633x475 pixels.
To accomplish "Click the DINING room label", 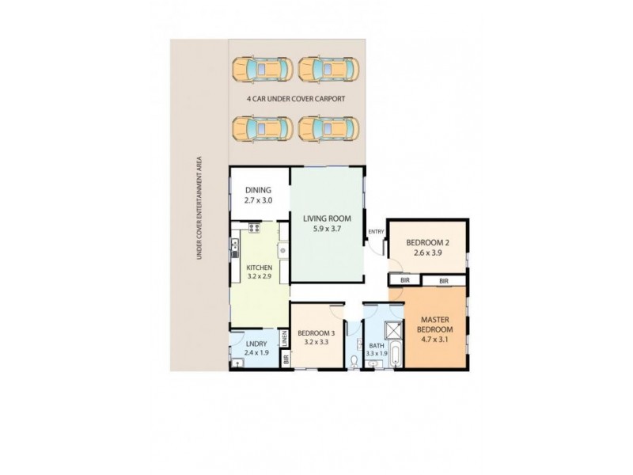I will [258, 190].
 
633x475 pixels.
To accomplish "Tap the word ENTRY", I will [375, 231].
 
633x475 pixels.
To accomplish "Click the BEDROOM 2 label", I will [427, 242].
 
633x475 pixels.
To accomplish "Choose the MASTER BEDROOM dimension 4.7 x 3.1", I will [435, 340].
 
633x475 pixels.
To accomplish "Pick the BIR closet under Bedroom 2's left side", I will [404, 280].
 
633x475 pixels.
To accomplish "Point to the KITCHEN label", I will [259, 268].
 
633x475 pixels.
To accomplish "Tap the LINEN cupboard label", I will [285, 340].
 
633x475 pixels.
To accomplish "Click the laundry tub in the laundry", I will [238, 363].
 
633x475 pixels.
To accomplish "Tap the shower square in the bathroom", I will [392, 331].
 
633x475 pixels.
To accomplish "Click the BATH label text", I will [376, 345].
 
